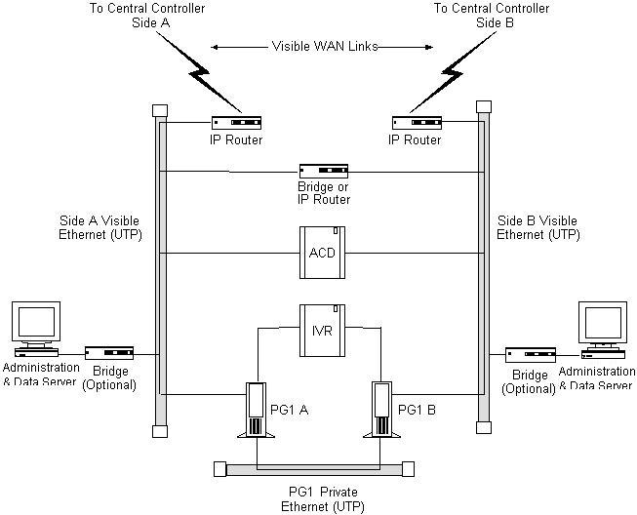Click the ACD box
coord(322,253)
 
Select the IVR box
coord(322,331)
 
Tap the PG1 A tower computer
coord(257,410)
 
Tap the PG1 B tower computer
coord(381,410)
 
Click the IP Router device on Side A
coord(236,123)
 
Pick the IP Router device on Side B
coord(417,123)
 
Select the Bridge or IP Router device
coord(324,171)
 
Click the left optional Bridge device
coord(109,353)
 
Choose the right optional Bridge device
coord(531,355)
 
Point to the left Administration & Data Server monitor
coord(36,329)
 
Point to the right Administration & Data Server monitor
coord(603,330)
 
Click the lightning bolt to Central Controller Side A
coord(199,72)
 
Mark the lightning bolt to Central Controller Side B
coord(452,72)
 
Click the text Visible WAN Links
coord(325,46)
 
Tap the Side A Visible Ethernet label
coord(100,227)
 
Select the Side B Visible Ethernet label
coord(537,227)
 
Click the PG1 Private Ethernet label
coord(323,499)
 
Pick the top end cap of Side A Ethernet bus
coord(160,111)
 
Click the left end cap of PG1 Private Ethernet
coord(219,469)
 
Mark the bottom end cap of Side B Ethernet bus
coord(484,427)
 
